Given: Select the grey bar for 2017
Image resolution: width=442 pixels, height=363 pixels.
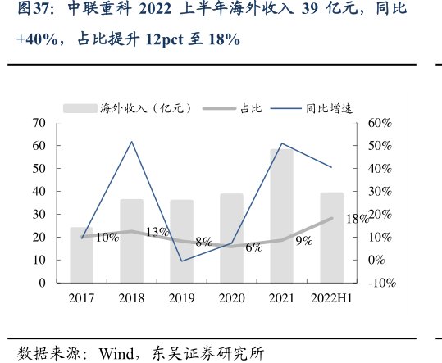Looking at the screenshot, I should click(81, 255).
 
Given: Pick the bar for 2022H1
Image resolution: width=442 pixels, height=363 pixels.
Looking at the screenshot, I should click(331, 238).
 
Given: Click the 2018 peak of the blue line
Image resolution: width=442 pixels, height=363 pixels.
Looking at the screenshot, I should click(131, 142).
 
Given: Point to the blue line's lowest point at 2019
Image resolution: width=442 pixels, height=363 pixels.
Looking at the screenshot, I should click(181, 261).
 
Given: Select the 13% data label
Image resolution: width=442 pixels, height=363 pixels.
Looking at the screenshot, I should click(157, 232).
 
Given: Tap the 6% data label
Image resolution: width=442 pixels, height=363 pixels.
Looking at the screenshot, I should click(253, 247).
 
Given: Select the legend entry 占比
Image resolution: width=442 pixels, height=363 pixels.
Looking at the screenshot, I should click(232, 107).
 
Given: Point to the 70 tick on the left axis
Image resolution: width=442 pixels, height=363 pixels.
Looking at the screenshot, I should click(38, 123).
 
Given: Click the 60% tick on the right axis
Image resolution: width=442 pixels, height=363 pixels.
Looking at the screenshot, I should click(381, 123).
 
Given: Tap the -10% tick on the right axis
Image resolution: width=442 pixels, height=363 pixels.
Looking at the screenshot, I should click(381, 283).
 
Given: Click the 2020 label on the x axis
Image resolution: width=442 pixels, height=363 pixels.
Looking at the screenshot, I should click(231, 299).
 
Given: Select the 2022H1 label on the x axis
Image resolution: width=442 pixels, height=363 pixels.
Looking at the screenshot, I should click(331, 299).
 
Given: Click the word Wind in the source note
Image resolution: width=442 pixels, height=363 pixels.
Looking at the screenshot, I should click(117, 354).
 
